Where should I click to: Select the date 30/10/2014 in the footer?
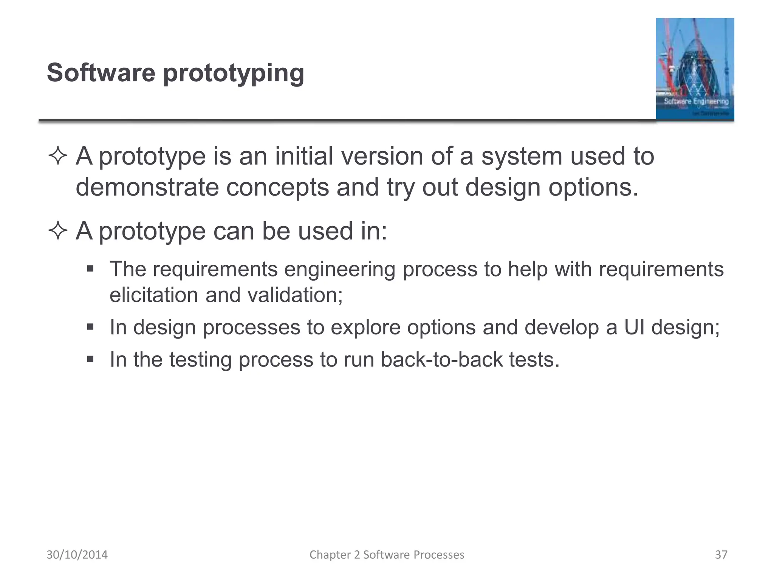77,555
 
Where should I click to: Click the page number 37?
721,555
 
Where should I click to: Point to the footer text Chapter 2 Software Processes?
387,555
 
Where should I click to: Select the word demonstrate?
147,187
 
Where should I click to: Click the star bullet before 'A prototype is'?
58,157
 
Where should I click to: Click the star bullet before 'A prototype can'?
58,231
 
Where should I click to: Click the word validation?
295,295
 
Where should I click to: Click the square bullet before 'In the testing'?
90,359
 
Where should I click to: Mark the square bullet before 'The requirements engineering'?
90,269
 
